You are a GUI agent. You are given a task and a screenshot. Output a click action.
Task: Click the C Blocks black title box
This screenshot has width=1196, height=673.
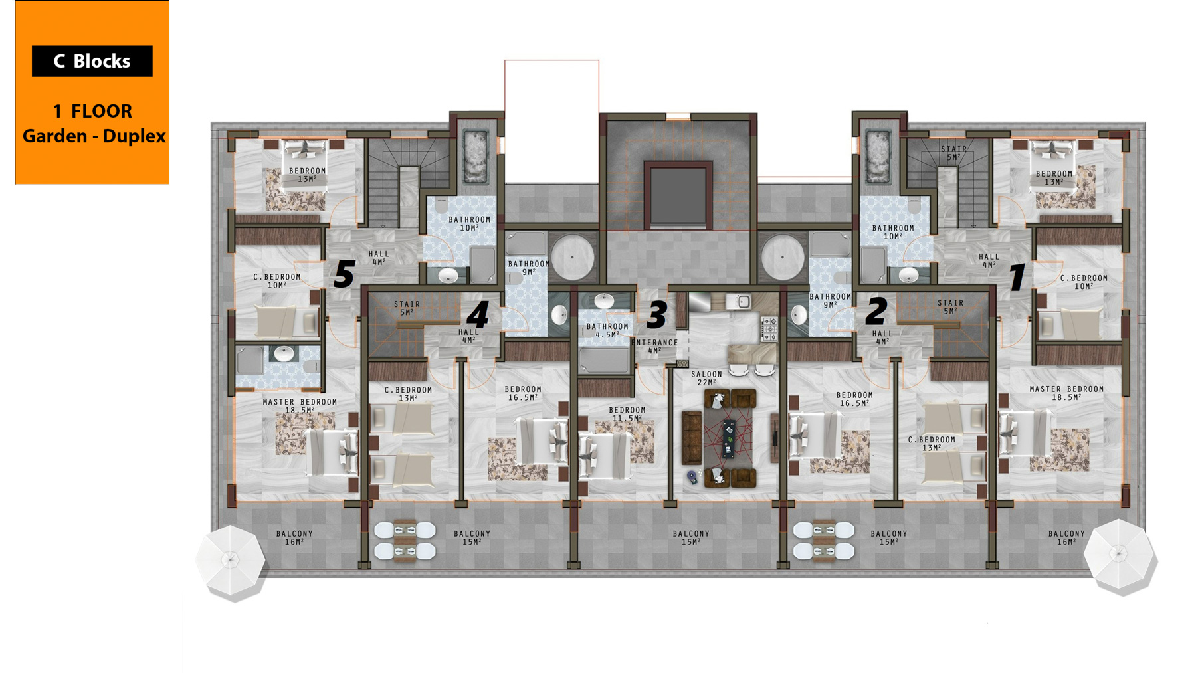92,61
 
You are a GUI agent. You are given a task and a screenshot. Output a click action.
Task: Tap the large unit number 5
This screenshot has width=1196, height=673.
344,273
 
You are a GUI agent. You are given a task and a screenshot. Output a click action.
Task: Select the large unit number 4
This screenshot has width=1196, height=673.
478,314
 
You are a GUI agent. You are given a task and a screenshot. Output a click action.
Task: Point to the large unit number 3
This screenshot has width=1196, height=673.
657,314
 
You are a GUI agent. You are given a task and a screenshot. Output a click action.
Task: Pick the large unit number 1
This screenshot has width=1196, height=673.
1017,276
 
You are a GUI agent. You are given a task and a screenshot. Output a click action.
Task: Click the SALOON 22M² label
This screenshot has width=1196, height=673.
706,378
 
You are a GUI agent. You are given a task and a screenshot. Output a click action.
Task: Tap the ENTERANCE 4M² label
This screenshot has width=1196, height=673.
655,347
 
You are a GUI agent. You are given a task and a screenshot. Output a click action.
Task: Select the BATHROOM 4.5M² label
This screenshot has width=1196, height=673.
607,330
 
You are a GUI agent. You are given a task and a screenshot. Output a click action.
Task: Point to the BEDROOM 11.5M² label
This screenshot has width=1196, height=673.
627,414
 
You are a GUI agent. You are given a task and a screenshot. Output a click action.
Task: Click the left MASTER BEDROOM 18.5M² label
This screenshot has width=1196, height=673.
300,406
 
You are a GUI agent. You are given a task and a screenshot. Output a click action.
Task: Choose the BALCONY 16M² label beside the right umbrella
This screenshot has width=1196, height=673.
1066,537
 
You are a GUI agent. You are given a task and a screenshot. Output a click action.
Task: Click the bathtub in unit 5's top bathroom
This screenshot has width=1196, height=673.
476,156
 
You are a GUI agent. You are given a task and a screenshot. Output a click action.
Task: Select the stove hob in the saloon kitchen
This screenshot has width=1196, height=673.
769,329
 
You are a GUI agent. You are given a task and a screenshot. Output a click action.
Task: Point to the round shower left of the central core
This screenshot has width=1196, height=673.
572,256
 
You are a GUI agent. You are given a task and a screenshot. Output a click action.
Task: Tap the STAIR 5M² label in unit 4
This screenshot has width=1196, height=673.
407,308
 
